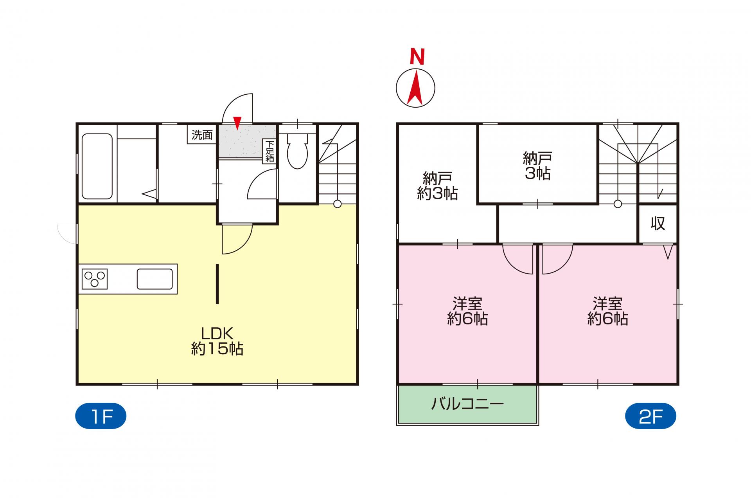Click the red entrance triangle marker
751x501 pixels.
coord(237,123)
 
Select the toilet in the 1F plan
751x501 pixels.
coord(297,151)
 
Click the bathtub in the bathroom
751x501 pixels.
coord(97,166)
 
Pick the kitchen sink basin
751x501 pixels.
coord(155,279)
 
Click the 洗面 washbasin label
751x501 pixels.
coord(202,135)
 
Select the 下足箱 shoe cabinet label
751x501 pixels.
coord(270,151)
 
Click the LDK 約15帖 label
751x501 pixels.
coord(217,341)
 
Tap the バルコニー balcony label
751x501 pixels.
coord(467,403)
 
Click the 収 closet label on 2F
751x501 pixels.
coord(658,223)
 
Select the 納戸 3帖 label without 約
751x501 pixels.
coord(537,166)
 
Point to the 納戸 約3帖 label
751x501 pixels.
coord(437,186)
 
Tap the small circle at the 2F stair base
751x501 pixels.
coord(618,204)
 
